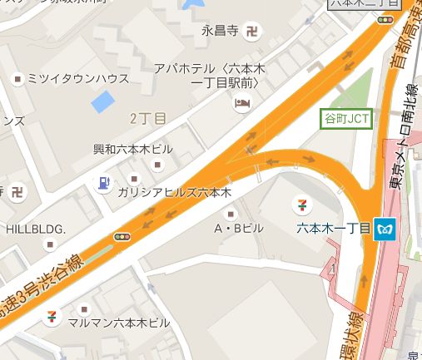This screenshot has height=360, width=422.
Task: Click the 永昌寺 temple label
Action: click(220, 32)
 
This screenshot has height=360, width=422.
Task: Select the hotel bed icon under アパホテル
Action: click(241, 104)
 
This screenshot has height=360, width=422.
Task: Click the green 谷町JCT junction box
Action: click(345, 119)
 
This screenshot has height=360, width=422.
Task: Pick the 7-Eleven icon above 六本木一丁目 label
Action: click(300, 203)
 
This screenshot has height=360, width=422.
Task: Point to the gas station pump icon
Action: click(103, 182)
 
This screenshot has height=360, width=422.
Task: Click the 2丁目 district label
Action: click(149, 118)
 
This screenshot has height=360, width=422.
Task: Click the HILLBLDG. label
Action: click(36, 228)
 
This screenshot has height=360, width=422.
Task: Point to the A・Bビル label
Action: click(239, 227)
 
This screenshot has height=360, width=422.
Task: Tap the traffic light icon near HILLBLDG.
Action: click(123, 238)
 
